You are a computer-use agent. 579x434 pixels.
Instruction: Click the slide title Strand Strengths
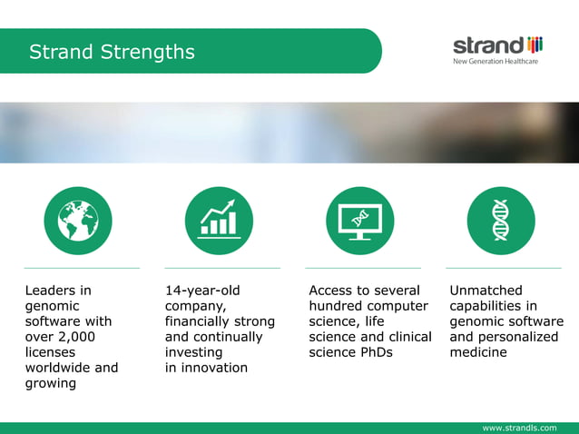coord(112,52)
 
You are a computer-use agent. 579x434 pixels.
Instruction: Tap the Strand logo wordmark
coord(488,44)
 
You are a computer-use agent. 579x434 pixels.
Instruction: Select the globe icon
coord(78,221)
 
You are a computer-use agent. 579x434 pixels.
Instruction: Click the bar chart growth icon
coord(219,221)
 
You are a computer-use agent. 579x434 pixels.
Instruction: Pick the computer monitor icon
coord(359,221)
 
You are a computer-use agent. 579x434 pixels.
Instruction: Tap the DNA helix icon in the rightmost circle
coord(501,221)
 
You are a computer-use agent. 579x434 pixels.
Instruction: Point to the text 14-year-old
coord(202,291)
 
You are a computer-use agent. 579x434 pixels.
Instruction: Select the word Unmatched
coord(486,291)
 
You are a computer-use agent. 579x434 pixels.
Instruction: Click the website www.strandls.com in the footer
coord(520,427)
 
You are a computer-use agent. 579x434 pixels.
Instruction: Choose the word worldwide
coord(57,368)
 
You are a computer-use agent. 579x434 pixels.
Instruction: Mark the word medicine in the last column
coord(478,352)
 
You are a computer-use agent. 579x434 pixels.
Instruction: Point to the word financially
coord(199,321)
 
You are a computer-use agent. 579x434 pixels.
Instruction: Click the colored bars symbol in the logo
coord(535,44)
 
